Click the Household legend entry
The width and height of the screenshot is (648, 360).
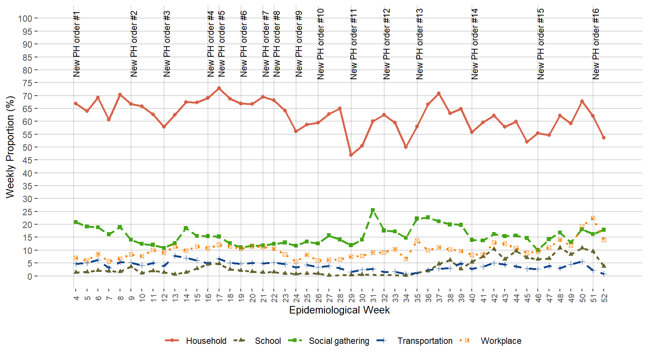click(x=206, y=341)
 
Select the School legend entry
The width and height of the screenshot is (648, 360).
click(x=267, y=341)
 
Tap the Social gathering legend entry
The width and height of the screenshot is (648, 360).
click(x=339, y=341)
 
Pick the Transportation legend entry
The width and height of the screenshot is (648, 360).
click(x=424, y=341)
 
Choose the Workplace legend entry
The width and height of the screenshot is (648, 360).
click(x=501, y=341)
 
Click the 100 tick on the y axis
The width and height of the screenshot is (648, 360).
click(x=25, y=18)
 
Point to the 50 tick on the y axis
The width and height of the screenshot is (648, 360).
click(x=27, y=147)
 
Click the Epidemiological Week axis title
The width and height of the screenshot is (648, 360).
click(x=339, y=310)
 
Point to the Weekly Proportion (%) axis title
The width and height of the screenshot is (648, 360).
click(x=10, y=147)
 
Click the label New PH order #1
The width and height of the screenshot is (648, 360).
click(x=76, y=44)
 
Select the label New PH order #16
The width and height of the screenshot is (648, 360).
click(x=595, y=44)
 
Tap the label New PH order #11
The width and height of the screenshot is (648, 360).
click(x=353, y=44)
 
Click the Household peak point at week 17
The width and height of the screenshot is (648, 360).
click(x=219, y=88)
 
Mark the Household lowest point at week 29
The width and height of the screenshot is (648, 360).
click(x=351, y=155)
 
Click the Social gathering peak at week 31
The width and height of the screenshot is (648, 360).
click(x=373, y=210)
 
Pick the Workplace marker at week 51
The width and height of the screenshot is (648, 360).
click(x=593, y=218)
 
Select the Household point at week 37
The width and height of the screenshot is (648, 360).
click(x=439, y=93)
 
